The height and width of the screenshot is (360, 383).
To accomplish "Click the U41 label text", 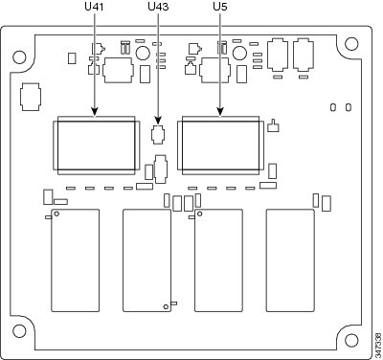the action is (x=94, y=7).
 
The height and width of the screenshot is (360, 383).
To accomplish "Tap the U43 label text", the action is (x=158, y=7).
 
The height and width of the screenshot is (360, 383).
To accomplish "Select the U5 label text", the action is (x=220, y=7).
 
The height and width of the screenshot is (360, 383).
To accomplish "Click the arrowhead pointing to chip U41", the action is (x=95, y=112).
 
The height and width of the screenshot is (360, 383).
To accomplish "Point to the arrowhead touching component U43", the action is (x=158, y=121).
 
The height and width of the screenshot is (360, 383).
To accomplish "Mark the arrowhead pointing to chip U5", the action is (x=220, y=112).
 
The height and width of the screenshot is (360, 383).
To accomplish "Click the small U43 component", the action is (x=158, y=135).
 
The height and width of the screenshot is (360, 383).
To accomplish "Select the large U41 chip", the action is (x=96, y=146).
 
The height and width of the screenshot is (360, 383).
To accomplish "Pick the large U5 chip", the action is (x=220, y=146).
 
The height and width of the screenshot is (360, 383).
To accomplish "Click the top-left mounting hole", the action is (x=19, y=57).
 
